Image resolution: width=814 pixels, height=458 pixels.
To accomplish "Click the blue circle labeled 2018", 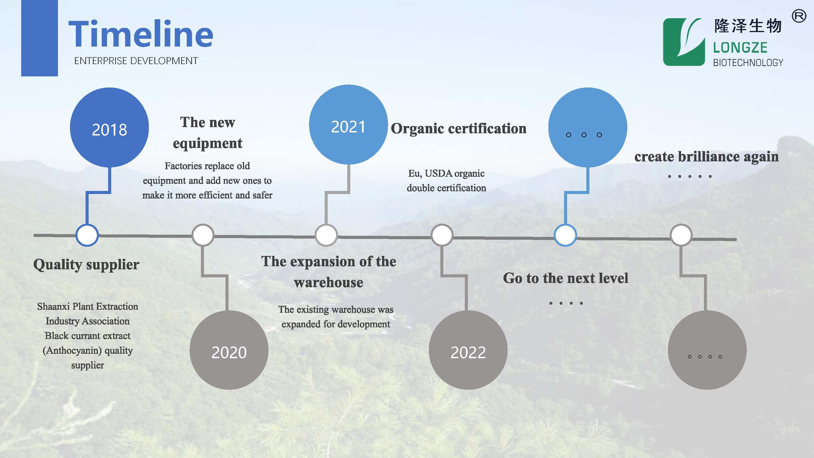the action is pyautogui.click(x=109, y=127).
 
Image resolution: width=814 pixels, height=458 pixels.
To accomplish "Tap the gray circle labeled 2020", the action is pyautogui.click(x=229, y=350).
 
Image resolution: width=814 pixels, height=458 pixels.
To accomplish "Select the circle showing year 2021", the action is pyautogui.click(x=348, y=125).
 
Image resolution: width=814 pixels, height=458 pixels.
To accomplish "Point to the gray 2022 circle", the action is pyautogui.click(x=468, y=350).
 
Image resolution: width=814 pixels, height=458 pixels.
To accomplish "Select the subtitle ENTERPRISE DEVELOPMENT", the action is pyautogui.click(x=136, y=61).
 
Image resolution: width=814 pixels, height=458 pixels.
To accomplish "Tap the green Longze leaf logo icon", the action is pyautogui.click(x=684, y=42).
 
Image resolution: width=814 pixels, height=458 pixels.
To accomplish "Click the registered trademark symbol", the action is pyautogui.click(x=799, y=16).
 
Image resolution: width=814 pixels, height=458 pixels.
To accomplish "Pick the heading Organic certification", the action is pyautogui.click(x=458, y=128).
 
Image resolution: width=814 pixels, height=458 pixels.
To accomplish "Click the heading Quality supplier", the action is pyautogui.click(x=86, y=265).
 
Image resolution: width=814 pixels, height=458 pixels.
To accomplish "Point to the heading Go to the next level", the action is pyautogui.click(x=566, y=278).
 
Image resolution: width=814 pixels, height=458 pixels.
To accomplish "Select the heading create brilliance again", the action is pyautogui.click(x=706, y=157).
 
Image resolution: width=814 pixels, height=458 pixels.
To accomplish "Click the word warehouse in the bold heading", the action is pyautogui.click(x=329, y=282).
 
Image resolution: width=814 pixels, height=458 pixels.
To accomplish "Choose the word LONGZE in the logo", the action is pyautogui.click(x=740, y=48).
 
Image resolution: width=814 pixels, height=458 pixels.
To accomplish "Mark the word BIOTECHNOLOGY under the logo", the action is pyautogui.click(x=748, y=63).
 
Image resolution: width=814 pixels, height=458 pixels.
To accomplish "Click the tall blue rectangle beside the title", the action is pyautogui.click(x=40, y=38).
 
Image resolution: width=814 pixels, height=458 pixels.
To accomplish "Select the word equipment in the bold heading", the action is pyautogui.click(x=208, y=144).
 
